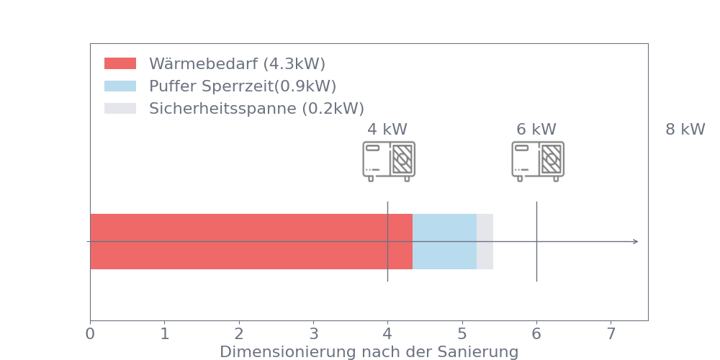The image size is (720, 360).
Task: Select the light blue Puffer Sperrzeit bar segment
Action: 444,241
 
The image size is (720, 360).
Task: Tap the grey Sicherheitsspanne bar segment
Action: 485,241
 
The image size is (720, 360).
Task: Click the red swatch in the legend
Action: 120,63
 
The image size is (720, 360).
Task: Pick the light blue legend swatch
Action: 120,86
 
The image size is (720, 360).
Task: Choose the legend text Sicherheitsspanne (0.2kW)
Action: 256,109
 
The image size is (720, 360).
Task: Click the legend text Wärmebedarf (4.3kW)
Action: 237,63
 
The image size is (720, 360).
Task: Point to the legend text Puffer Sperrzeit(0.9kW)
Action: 243,86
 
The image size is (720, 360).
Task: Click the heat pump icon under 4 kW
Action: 389,161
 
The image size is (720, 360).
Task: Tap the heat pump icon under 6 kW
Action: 538,161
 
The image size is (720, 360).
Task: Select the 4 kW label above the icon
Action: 387,130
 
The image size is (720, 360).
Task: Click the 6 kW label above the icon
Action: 536,130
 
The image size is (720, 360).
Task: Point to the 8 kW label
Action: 685,130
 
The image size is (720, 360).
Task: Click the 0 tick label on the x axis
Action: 90,334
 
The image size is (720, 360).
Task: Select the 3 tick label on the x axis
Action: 313,334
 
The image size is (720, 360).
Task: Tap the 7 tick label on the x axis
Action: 611,334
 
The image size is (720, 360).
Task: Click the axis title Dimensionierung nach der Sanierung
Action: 369,352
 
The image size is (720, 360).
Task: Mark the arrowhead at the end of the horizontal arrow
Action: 636,241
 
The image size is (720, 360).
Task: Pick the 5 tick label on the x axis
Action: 462,334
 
